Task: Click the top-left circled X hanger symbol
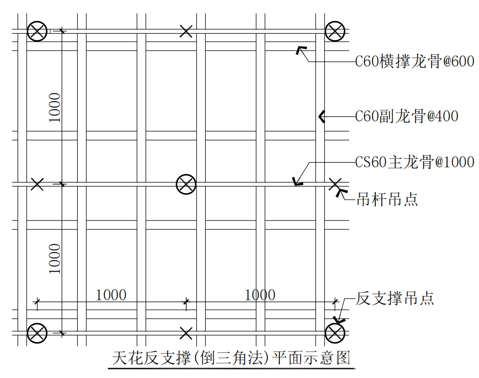(37, 31)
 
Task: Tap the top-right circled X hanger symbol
(335, 31)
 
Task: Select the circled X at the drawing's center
(186, 184)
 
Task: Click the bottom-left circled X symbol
(37, 333)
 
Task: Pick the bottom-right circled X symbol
(335, 333)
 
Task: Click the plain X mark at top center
(186, 31)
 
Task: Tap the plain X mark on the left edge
(37, 184)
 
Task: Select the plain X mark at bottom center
(186, 333)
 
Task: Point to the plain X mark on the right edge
(335, 184)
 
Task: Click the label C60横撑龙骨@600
(415, 62)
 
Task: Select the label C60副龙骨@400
(407, 116)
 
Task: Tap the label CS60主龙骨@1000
(415, 162)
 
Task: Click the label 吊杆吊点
(387, 200)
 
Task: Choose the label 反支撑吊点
(395, 298)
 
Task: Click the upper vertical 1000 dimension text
(55, 107)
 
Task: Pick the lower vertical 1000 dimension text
(55, 258)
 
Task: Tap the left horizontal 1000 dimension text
(111, 295)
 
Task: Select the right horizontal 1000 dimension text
(260, 295)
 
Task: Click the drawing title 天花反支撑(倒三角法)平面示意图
(231, 358)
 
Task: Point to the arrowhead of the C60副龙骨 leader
(322, 117)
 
